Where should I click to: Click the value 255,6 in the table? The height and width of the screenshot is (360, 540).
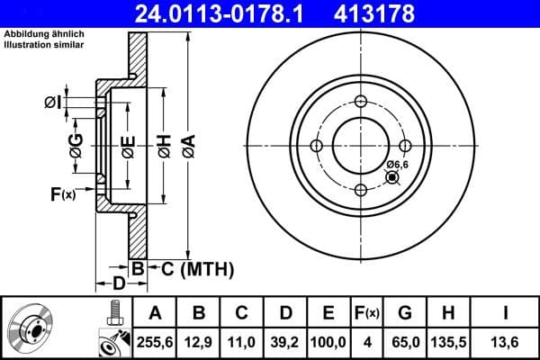coord(155,342)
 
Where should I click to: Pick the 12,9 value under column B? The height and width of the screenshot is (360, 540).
coord(198,342)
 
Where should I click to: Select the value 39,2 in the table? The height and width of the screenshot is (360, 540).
coord(284,342)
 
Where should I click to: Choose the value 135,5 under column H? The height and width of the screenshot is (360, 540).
coord(449,342)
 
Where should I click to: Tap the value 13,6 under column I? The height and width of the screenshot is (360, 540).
coord(508,342)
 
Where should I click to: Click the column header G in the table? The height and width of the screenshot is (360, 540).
coord(405,313)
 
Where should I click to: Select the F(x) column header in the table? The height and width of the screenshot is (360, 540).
coord(366,313)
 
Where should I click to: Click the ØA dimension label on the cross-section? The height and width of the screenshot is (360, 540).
coord(187,143)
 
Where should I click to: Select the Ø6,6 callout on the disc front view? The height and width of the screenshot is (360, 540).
coord(398,164)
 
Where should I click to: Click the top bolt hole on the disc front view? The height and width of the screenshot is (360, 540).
coord(360,101)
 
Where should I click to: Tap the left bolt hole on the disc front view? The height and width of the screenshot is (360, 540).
coord(316,146)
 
